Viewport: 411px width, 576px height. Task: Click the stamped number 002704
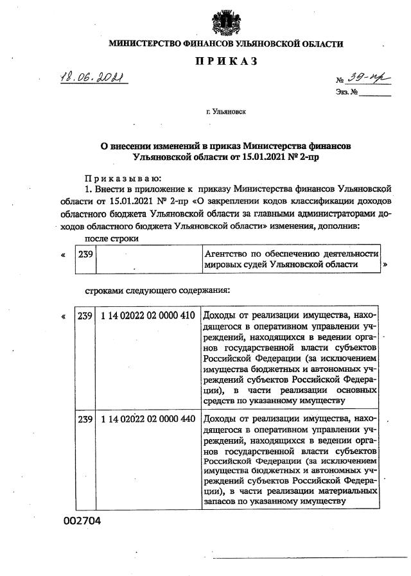(x=82, y=521)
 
